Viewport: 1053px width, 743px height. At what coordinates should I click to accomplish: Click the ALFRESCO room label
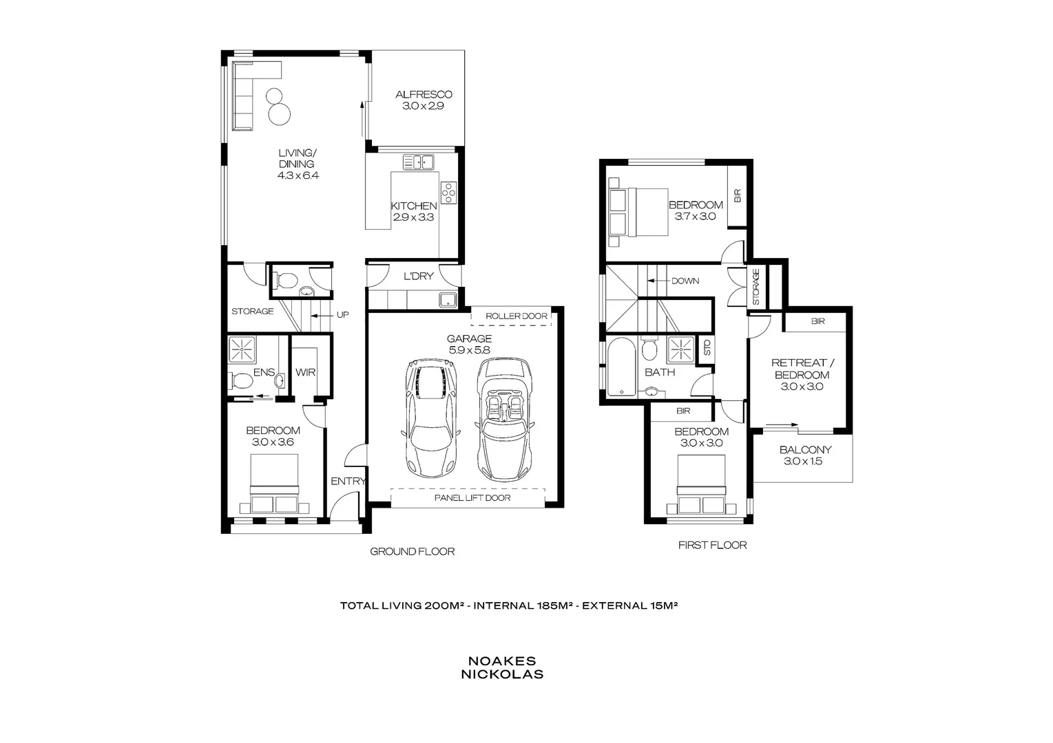pos(424,95)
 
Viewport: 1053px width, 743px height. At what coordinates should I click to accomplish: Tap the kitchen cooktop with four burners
pos(448,193)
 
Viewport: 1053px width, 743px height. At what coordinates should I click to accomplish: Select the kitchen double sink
pos(418,162)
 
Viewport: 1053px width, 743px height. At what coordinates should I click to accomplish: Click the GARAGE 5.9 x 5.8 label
pos(469,344)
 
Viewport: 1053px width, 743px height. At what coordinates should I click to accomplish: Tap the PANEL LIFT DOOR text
pos(472,497)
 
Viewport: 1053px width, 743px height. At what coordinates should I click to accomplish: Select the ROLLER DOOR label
pos(516,316)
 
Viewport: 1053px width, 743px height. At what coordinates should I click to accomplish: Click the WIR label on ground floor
pos(305,372)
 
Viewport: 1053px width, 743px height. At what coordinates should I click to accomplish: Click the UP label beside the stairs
pos(342,315)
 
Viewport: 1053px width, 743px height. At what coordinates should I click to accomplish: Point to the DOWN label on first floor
pos(685,281)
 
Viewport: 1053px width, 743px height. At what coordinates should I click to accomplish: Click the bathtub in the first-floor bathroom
pos(623,367)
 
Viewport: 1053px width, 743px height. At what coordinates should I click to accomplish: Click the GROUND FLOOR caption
pos(412,551)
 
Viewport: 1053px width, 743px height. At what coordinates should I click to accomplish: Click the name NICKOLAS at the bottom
pos(502,674)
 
